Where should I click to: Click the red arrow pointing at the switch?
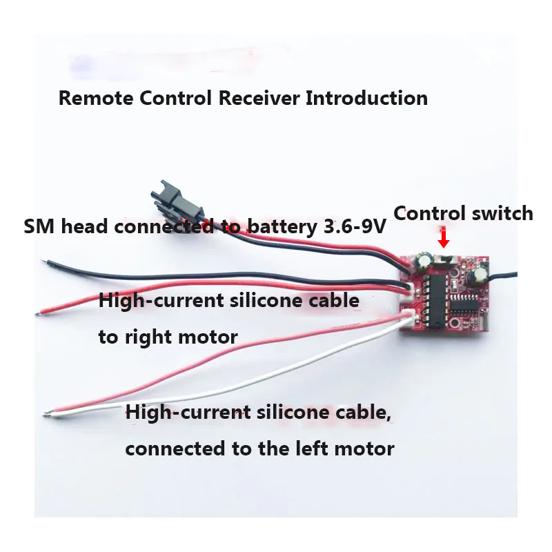(x=444, y=237)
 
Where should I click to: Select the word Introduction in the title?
(x=366, y=98)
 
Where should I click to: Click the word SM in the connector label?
(x=39, y=227)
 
